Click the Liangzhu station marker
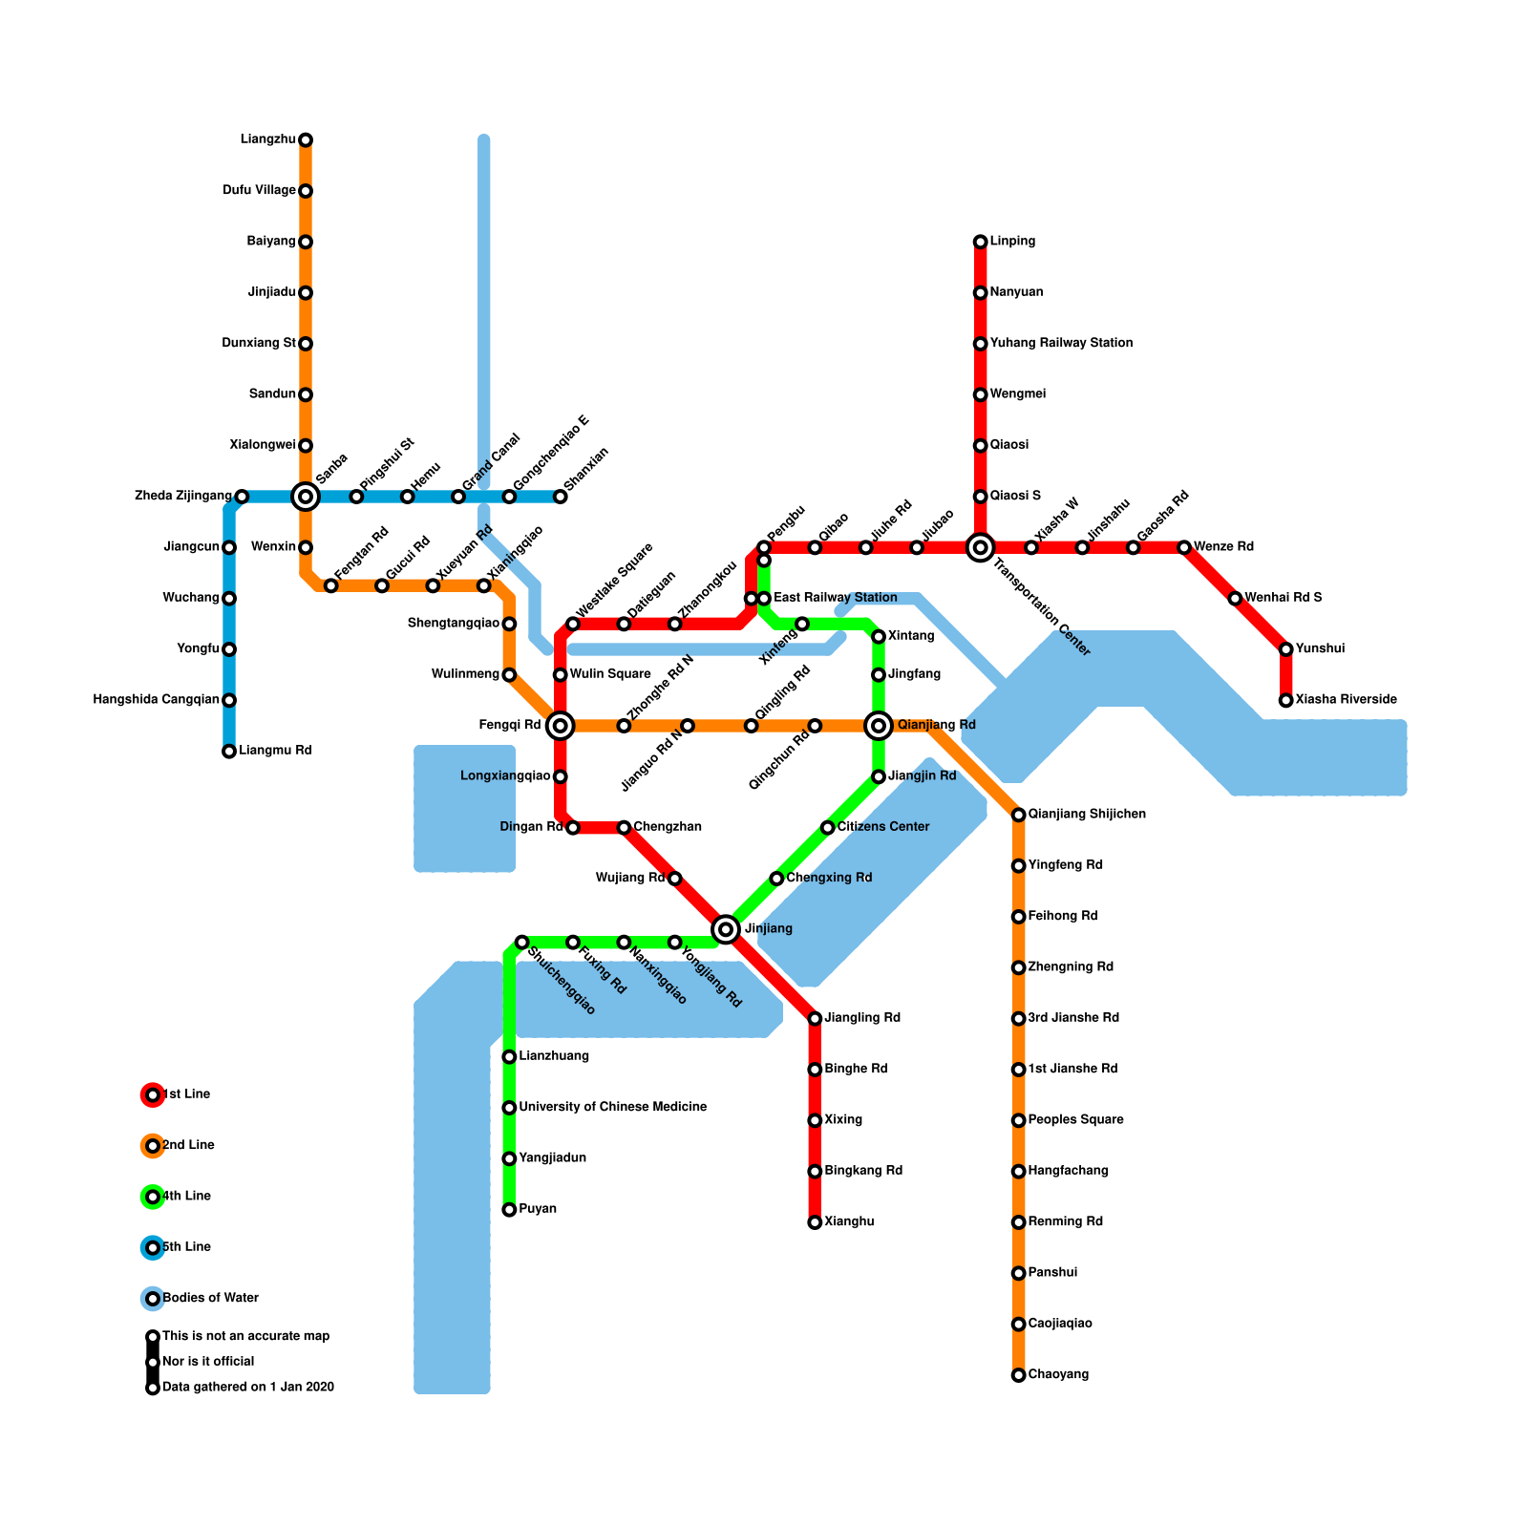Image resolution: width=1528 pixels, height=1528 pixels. click(306, 140)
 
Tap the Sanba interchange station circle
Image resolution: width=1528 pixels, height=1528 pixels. click(306, 497)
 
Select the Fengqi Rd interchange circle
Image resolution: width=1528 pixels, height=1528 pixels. click(561, 726)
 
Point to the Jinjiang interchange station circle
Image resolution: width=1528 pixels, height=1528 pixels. click(726, 928)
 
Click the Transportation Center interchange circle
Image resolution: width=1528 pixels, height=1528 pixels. click(980, 547)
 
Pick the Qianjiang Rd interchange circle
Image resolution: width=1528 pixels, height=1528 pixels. click(879, 726)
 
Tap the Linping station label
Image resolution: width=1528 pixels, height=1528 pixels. click(1012, 242)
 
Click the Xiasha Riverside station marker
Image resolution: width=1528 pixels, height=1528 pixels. click(1286, 700)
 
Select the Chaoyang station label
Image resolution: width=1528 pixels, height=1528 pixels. click(1058, 1374)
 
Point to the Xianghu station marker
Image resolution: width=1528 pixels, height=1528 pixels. click(815, 1222)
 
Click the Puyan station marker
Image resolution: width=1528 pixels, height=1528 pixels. click(509, 1210)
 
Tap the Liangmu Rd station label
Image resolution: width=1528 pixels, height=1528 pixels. click(275, 751)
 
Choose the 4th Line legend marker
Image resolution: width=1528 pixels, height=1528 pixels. click(153, 1197)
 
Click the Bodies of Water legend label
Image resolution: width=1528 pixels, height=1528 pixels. click(210, 1298)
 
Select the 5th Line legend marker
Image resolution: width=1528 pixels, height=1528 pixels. click(153, 1247)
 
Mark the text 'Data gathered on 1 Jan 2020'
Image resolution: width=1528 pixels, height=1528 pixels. click(248, 1387)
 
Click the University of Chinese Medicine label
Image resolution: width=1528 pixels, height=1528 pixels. click(612, 1107)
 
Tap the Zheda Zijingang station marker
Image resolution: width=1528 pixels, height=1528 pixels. click(242, 497)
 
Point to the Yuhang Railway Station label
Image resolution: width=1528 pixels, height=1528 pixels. click(1061, 343)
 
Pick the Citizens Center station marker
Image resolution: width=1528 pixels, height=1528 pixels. click(828, 827)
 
